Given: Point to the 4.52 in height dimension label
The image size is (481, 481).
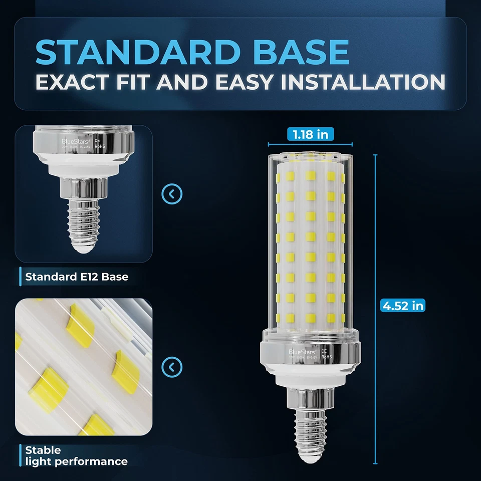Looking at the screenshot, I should click(x=403, y=305).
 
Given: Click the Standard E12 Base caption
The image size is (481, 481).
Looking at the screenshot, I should click(x=77, y=276).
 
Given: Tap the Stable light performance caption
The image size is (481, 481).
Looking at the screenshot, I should click(x=76, y=455).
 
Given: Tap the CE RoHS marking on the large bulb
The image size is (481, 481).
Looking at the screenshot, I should click(x=324, y=354).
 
